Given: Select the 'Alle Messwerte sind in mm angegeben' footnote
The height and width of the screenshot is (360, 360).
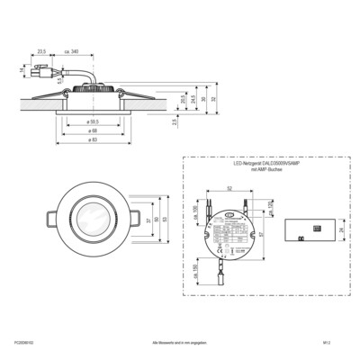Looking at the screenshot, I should click(180, 344).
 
